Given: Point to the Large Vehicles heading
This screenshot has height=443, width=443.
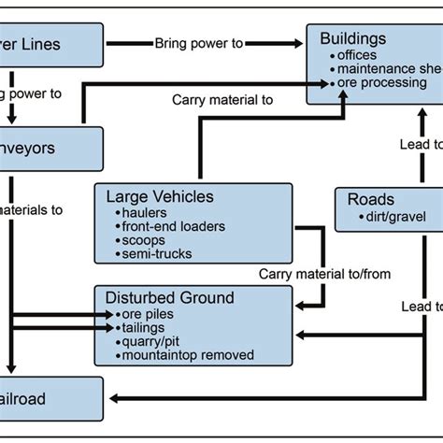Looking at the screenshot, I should pos(160,197).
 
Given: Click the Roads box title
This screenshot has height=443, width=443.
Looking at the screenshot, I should pos(370,200).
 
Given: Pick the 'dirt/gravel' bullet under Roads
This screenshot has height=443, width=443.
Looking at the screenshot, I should pos(389,216).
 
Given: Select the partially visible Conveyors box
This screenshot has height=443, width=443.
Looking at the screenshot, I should pos(47,148).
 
